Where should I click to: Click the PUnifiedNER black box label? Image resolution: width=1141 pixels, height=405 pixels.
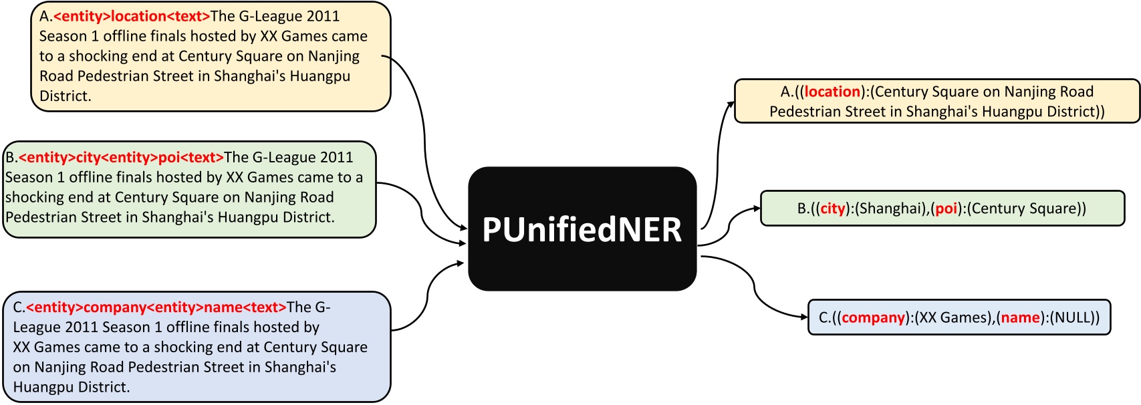[x=582, y=230]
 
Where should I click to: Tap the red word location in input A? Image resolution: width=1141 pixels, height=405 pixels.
[x=138, y=16]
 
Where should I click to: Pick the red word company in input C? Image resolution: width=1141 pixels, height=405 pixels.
[x=114, y=307]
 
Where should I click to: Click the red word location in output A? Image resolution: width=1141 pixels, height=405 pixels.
[x=832, y=92]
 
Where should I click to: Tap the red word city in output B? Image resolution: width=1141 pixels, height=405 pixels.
[x=833, y=209]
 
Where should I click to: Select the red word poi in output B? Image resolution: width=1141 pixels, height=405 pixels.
[x=946, y=209]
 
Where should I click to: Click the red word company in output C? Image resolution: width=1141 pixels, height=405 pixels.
[x=874, y=317]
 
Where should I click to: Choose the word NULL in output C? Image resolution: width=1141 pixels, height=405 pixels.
[x=1071, y=317]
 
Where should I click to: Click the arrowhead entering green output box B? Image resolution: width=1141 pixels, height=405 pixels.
[x=757, y=209]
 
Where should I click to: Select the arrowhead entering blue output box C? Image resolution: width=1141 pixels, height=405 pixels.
[x=804, y=317]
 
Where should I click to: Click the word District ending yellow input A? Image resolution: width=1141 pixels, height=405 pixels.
[x=66, y=96]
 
